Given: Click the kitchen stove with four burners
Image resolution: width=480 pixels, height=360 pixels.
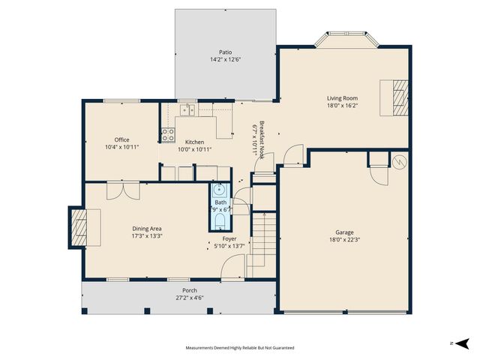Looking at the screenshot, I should pyautogui.click(x=167, y=136).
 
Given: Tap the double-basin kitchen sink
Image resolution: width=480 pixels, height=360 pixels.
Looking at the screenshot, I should pyautogui.click(x=187, y=111).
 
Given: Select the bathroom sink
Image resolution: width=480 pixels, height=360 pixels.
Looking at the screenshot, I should pyautogui.click(x=220, y=190).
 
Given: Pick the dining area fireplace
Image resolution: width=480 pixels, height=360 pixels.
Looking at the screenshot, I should pyautogui.click(x=78, y=228).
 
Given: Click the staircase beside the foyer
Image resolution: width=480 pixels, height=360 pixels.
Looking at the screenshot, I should pyautogui.click(x=262, y=234).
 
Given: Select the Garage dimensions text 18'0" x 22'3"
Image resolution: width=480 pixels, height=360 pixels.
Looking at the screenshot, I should pyautogui.click(x=345, y=240).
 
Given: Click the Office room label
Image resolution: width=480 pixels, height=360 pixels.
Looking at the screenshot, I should pyautogui.click(x=121, y=139).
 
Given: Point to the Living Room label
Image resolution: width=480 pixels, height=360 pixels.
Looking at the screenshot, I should pyautogui.click(x=342, y=98).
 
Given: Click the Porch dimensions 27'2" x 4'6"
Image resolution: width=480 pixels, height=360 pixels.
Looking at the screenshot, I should pyautogui.click(x=184, y=297).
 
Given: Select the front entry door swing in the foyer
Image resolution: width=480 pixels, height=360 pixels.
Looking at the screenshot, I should pyautogui.click(x=233, y=265).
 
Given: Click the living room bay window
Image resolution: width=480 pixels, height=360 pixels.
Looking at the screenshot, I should pyautogui.click(x=344, y=39).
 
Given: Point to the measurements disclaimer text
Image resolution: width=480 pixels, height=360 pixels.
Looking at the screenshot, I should pyautogui.click(x=240, y=348).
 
